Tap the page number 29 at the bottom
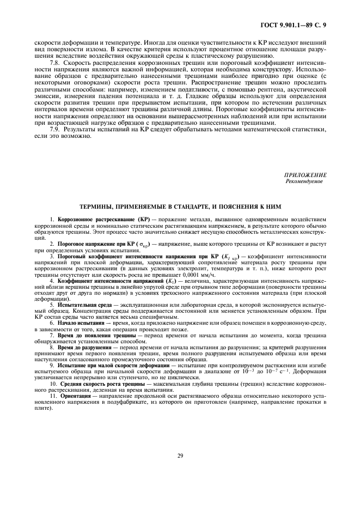pyautogui.click(x=180, y=456)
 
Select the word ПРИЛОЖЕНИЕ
pyautogui.click(x=304, y=175)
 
